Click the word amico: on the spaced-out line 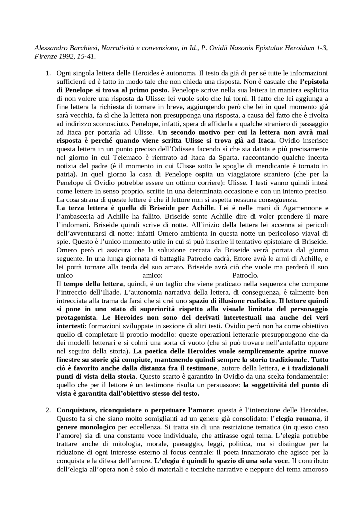(x=152, y=275)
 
